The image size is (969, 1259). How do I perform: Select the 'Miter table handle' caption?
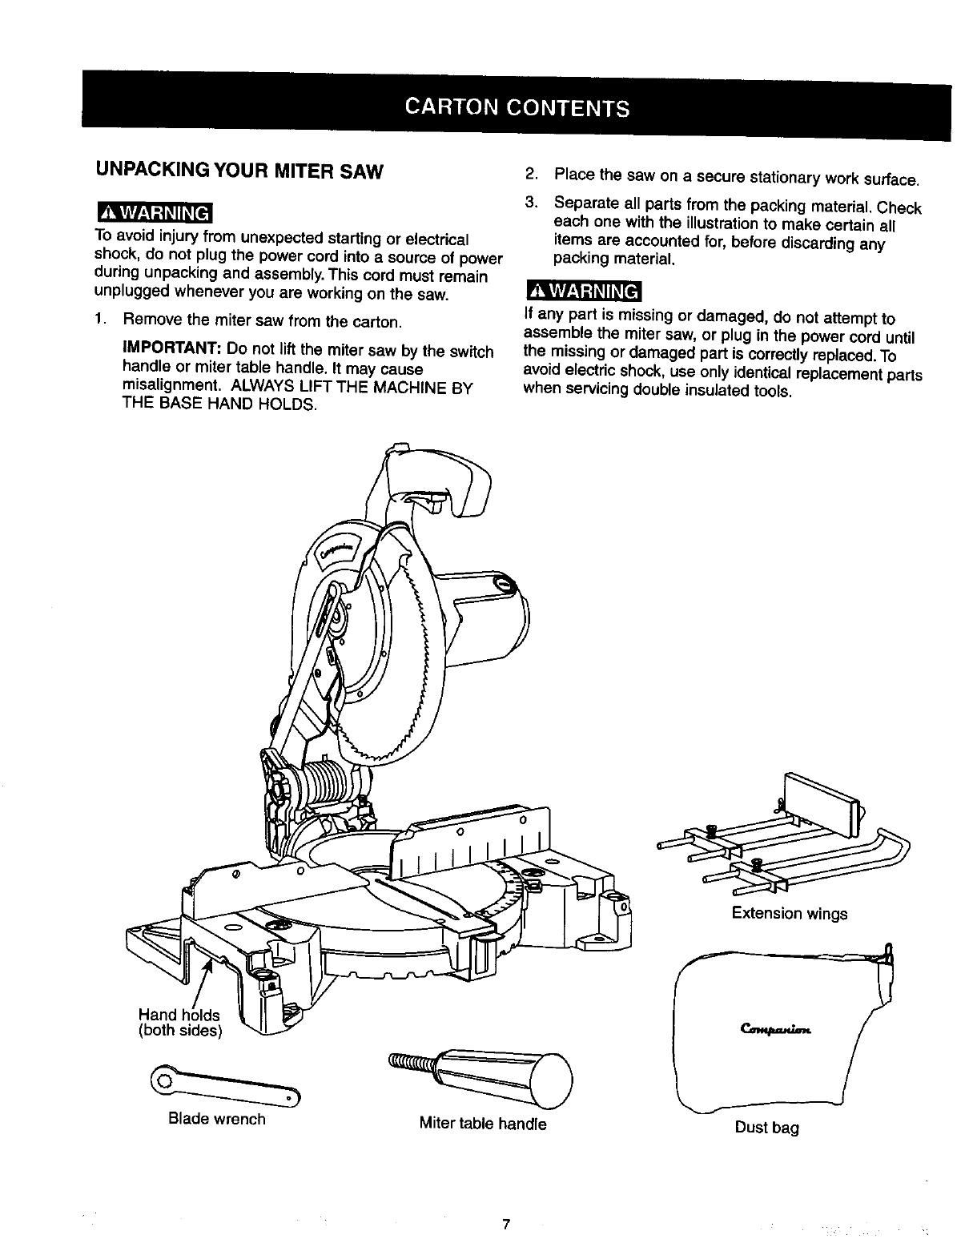(483, 1124)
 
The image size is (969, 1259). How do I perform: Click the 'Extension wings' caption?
(789, 914)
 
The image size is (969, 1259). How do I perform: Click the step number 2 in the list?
(529, 175)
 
